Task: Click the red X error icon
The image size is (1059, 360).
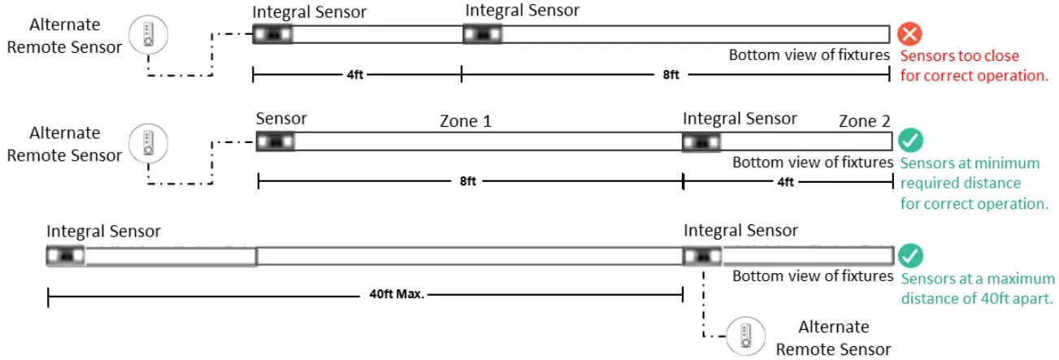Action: (910, 35)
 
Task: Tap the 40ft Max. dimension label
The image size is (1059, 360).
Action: (393, 294)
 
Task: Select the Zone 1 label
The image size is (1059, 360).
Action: (465, 122)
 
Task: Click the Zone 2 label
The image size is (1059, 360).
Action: (864, 122)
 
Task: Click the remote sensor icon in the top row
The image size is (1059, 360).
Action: (150, 34)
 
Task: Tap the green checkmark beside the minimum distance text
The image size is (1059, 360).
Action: (911, 141)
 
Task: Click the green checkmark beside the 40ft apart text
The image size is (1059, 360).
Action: (911, 257)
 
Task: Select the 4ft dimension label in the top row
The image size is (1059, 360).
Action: (355, 75)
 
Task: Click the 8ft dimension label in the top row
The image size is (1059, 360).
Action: (671, 75)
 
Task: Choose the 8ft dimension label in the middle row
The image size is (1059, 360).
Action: (467, 181)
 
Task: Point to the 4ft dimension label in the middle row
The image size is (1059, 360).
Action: (785, 181)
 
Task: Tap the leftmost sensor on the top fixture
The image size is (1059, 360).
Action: (272, 35)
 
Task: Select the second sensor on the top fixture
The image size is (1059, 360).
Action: (483, 35)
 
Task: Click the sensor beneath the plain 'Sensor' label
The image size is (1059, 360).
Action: (276, 141)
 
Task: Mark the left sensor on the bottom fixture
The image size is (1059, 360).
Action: (66, 257)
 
